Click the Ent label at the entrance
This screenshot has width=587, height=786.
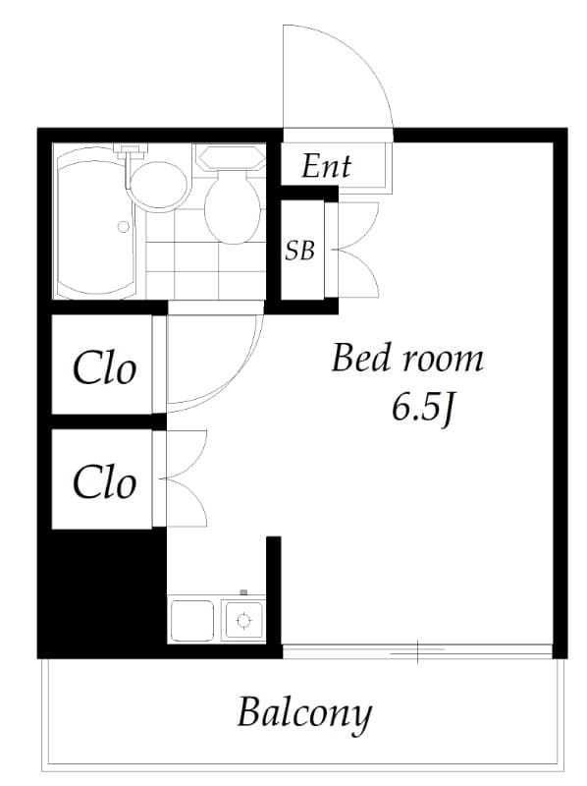pyautogui.click(x=326, y=166)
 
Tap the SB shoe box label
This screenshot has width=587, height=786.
pyautogui.click(x=299, y=251)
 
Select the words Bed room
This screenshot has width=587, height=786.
pyautogui.click(x=406, y=359)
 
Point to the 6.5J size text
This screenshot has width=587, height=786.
pyautogui.click(x=422, y=409)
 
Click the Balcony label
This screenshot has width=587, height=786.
pyautogui.click(x=304, y=712)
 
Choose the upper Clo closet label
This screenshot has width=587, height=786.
pyautogui.click(x=104, y=369)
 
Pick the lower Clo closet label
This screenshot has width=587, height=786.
pyautogui.click(x=104, y=482)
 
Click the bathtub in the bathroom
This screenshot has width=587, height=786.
pyautogui.click(x=94, y=226)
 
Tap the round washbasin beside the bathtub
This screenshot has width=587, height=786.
pyautogui.click(x=158, y=184)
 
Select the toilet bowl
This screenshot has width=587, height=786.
pyautogui.click(x=233, y=208)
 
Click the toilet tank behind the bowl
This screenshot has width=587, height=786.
pyautogui.click(x=229, y=158)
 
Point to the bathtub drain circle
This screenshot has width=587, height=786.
pyautogui.click(x=124, y=226)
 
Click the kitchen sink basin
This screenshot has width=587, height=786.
pyautogui.click(x=192, y=620)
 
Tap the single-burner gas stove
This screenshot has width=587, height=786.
pyautogui.click(x=242, y=620)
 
